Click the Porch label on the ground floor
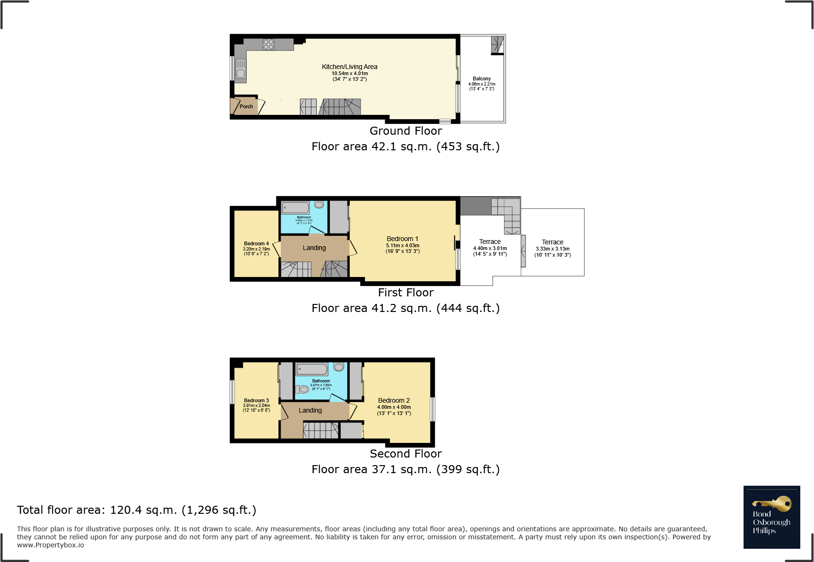pyautogui.click(x=246, y=106)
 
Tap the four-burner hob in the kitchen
pyautogui.click(x=268, y=44)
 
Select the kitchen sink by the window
pyautogui.click(x=241, y=73)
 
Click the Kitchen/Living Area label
pyautogui.click(x=349, y=67)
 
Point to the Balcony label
pyautogui.click(x=482, y=78)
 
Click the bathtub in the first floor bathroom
pyautogui.click(x=295, y=208)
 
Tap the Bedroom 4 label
pyautogui.click(x=256, y=243)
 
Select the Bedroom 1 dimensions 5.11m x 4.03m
pyautogui.click(x=402, y=245)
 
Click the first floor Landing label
pyautogui.click(x=314, y=248)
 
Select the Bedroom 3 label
pyautogui.click(x=256, y=400)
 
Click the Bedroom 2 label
pyautogui.click(x=394, y=400)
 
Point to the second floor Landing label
pyautogui.click(x=310, y=410)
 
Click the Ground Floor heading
pyautogui.click(x=406, y=131)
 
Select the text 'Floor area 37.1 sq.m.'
pyautogui.click(x=371, y=469)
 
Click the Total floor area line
pyautogui.click(x=136, y=510)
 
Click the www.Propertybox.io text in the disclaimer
pyautogui.click(x=51, y=545)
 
